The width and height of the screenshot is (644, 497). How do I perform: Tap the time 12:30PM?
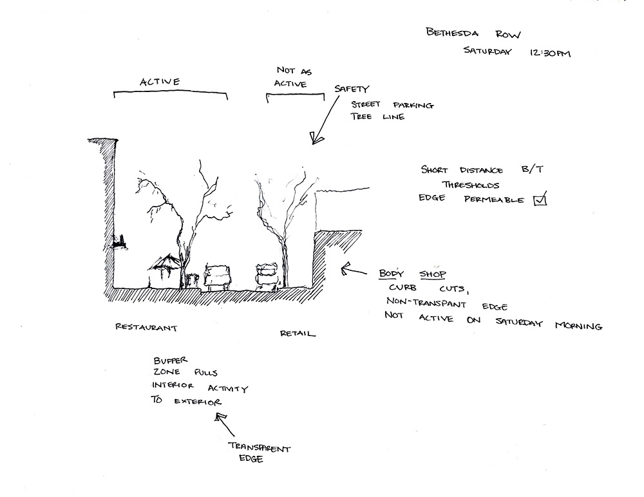[x=549, y=53]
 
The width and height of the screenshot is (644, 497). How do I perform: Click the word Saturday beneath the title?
[x=487, y=52]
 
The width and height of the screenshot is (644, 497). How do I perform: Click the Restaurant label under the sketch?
[x=146, y=327]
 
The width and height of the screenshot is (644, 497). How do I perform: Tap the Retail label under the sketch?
[x=298, y=333]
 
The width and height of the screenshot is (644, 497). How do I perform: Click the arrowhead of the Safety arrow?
[x=316, y=137]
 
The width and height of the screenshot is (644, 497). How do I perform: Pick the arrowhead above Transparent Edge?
[x=221, y=419]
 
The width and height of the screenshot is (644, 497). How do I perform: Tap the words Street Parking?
[x=392, y=105]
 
